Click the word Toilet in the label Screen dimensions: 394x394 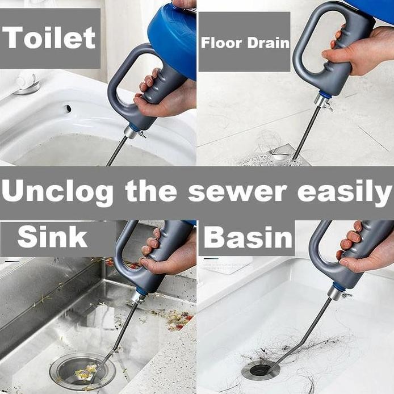[x=49, y=37]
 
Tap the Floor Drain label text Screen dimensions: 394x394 [x=245, y=43]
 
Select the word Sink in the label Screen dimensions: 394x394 [x=52, y=237]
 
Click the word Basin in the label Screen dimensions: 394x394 [x=248, y=237]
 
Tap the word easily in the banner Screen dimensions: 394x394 [x=344, y=192]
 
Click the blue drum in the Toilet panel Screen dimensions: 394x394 [x=173, y=37]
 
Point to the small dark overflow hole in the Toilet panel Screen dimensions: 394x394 [x=68, y=108]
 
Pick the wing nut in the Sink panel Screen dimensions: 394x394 [x=138, y=297]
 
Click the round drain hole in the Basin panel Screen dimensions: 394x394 [x=261, y=370]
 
